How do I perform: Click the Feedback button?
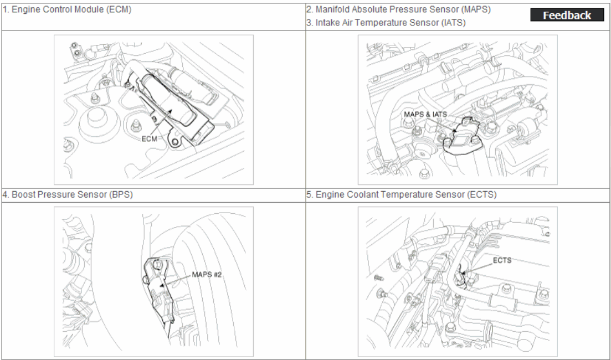(567, 15)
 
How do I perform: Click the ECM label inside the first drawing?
(150, 138)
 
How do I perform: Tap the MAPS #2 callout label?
(207, 275)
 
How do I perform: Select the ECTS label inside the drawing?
(502, 260)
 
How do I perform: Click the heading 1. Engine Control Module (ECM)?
(67, 10)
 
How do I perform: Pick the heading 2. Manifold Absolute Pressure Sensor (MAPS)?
(398, 10)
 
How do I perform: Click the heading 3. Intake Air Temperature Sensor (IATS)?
(386, 23)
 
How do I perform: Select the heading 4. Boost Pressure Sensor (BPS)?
(68, 194)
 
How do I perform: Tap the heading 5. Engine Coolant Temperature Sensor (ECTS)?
(402, 194)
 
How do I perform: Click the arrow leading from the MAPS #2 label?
(176, 280)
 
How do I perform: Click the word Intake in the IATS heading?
(327, 23)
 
